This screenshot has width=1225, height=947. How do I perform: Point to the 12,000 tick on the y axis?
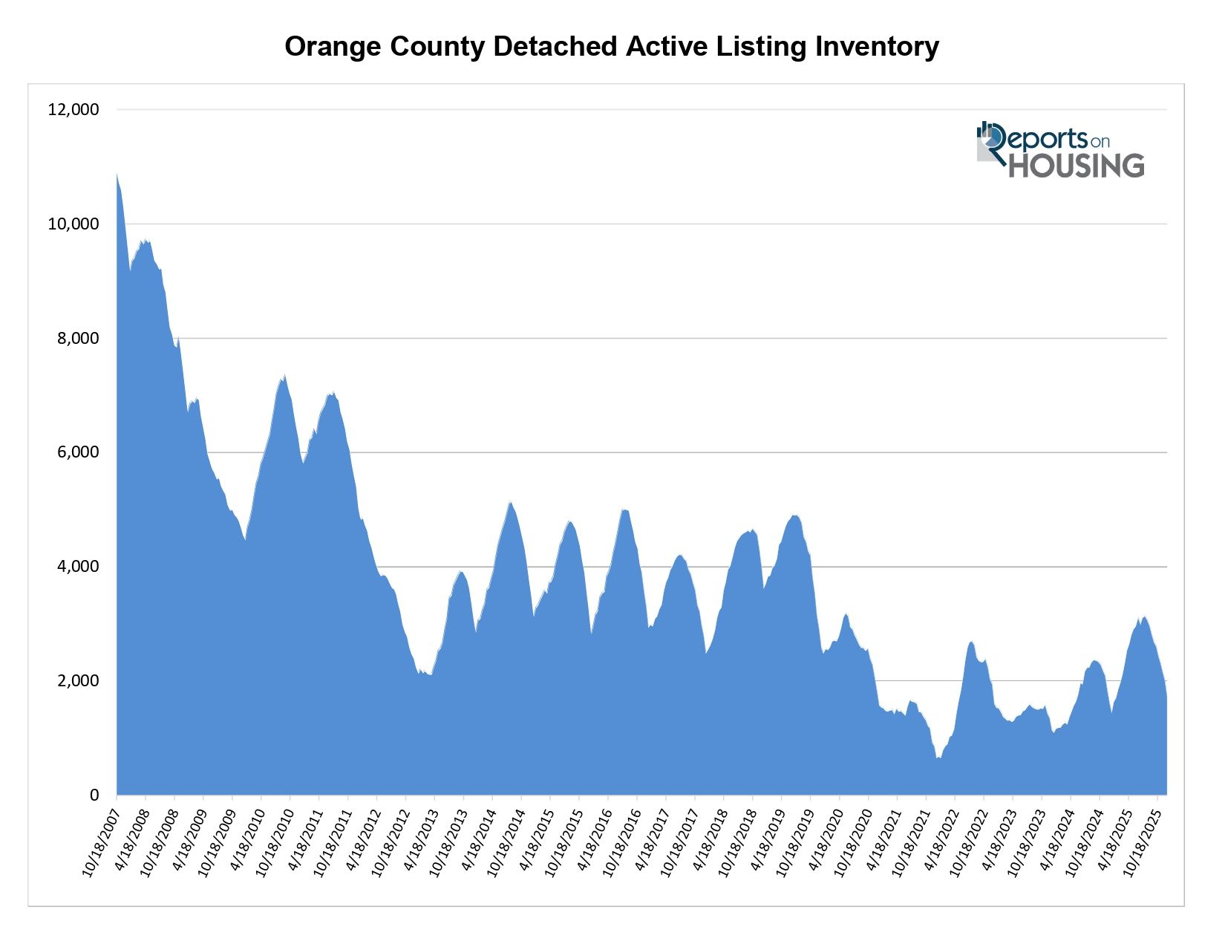pyautogui.click(x=73, y=110)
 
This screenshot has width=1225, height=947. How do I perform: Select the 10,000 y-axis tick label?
pyautogui.click(x=73, y=224)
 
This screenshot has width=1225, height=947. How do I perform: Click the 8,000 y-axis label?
pyautogui.click(x=76, y=339)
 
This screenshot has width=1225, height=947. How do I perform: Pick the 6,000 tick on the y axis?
pyautogui.click(x=76, y=452)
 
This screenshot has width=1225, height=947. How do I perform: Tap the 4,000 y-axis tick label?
pyautogui.click(x=76, y=567)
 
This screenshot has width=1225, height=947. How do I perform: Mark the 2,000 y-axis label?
pyautogui.click(x=76, y=681)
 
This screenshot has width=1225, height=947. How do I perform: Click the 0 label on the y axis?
pyautogui.click(x=94, y=795)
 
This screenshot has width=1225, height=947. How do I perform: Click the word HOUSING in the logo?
pyautogui.click(x=1076, y=166)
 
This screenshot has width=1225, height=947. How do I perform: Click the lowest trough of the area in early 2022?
pyautogui.click(x=938, y=758)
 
